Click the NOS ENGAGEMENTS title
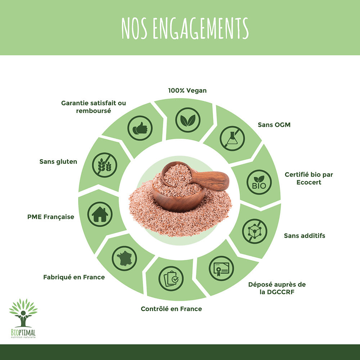(x=185, y=28)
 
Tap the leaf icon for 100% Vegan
(x=188, y=120)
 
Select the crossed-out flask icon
(x=232, y=139)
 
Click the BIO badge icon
(x=259, y=182)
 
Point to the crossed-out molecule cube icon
(x=255, y=231)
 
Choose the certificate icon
(x=221, y=269)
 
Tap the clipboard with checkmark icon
(x=171, y=279)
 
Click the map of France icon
(x=124, y=258)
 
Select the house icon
(x=100, y=214)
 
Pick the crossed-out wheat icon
(x=104, y=165)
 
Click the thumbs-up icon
(x=140, y=128)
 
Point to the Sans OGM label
(x=274, y=125)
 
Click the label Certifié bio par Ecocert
(x=309, y=179)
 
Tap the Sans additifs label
(x=305, y=236)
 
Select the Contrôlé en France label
(x=171, y=309)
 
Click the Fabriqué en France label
(x=74, y=277)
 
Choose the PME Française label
(x=51, y=217)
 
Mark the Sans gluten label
(x=58, y=162)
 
